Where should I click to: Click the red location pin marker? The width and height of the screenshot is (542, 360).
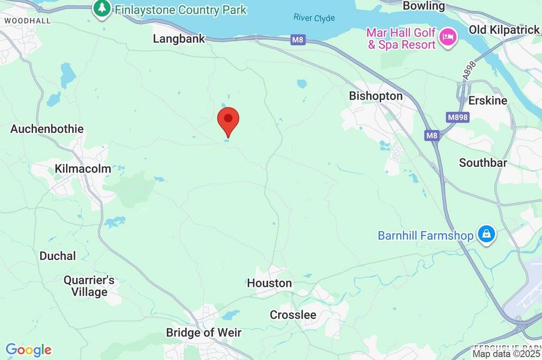[229, 120]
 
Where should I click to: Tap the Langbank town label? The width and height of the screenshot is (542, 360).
[178, 39]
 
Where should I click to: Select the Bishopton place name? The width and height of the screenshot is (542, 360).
[376, 96]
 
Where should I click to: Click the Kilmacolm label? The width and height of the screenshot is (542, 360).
[83, 169]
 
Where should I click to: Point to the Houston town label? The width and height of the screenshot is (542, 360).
[269, 283]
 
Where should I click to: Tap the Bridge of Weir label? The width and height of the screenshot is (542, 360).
[204, 332]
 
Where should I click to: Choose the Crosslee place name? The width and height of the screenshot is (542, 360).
[293, 315]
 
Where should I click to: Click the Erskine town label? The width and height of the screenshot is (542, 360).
[487, 100]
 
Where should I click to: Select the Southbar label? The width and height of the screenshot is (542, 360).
[483, 163]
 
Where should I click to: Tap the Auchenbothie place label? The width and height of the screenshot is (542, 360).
[47, 129]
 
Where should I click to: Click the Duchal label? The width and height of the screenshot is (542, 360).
[58, 256]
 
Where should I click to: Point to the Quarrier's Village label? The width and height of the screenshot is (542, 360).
[89, 286]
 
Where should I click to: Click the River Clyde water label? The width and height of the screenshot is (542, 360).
[314, 17]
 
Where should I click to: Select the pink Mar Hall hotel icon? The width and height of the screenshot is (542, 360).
[448, 38]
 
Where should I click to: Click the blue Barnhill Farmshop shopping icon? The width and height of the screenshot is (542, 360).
[486, 233]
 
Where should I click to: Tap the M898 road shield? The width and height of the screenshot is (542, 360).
[457, 118]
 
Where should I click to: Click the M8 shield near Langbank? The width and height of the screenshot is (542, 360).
[299, 40]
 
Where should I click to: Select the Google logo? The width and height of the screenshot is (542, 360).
[29, 349]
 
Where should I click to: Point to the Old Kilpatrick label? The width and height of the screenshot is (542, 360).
[504, 30]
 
